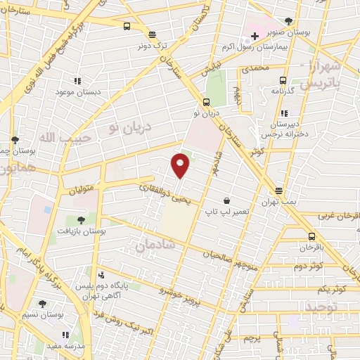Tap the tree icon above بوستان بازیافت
[82, 221]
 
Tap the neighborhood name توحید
[323, 307]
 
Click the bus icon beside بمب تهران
[278, 191]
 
